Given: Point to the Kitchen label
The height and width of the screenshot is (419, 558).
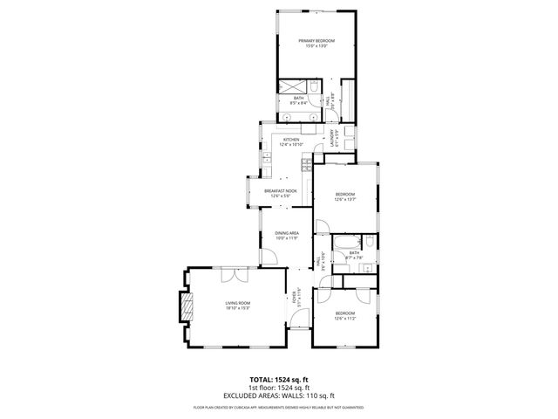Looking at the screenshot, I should click(290, 141).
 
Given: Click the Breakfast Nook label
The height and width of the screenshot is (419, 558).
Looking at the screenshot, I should click(281, 192).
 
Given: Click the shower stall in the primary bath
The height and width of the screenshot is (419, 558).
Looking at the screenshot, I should click(288, 87).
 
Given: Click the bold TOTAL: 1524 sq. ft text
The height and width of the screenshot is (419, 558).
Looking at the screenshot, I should click(279, 380).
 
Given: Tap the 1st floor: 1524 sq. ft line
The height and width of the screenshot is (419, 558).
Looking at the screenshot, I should click(279, 388).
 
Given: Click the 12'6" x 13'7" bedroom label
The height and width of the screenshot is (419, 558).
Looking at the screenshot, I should click(344, 196).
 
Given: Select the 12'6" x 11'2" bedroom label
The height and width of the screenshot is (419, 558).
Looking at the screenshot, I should click(344, 315).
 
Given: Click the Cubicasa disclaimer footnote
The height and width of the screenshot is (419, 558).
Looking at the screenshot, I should click(279, 407).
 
